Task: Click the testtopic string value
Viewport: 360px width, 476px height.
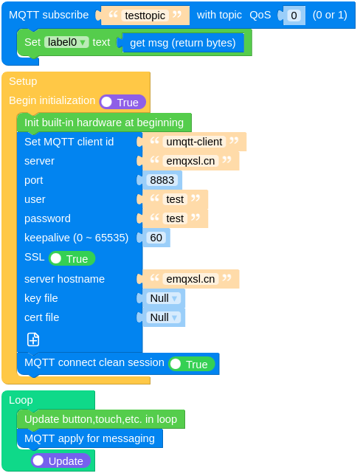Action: coord(145,15)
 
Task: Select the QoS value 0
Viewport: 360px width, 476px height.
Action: coord(294,15)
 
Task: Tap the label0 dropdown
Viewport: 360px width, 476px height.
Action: coord(66,42)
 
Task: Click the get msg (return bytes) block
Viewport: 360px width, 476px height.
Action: coord(182,43)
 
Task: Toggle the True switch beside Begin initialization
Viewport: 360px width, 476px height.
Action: coord(122,102)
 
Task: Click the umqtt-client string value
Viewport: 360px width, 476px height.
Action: coord(194,142)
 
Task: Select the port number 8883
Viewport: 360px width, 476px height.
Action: coord(162,180)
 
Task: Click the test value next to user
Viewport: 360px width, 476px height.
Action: coord(175,199)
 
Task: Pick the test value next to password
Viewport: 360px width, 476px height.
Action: coord(175,218)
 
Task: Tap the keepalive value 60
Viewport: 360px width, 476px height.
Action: coord(156,238)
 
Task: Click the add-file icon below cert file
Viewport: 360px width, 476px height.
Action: coord(33,339)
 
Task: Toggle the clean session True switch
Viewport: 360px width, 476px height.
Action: coord(191,364)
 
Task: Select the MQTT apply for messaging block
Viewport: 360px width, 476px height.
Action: coord(89,438)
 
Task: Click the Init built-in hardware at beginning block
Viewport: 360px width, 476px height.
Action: coord(103,123)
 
